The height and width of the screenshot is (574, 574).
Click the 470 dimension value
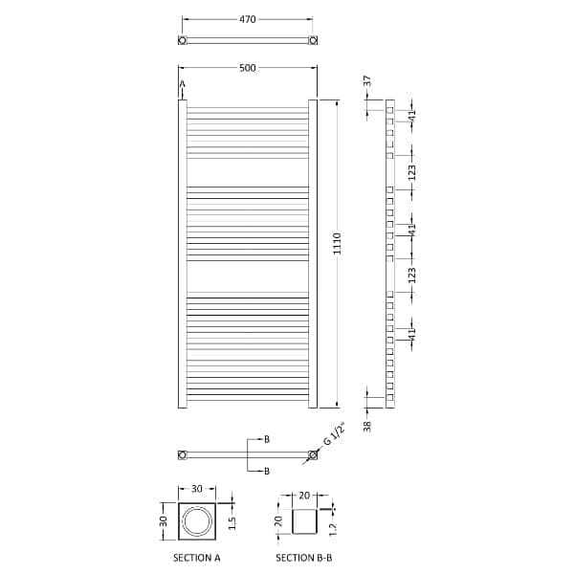click(x=248, y=17)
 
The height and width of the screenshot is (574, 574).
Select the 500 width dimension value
click(x=248, y=68)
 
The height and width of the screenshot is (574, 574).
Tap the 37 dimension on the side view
click(x=366, y=85)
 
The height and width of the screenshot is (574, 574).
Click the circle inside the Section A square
click(x=197, y=522)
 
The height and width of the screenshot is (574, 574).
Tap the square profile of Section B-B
click(x=303, y=523)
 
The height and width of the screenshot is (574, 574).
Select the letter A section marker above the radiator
click(x=181, y=86)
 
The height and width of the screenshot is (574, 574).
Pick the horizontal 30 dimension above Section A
click(x=197, y=490)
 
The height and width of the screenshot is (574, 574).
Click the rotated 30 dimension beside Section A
click(x=164, y=522)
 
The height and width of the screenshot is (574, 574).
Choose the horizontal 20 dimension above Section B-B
click(x=303, y=496)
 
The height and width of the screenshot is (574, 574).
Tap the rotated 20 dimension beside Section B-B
click(x=278, y=523)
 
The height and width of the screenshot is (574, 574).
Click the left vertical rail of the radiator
click(x=182, y=254)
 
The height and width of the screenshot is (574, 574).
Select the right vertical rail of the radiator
click(x=313, y=254)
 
